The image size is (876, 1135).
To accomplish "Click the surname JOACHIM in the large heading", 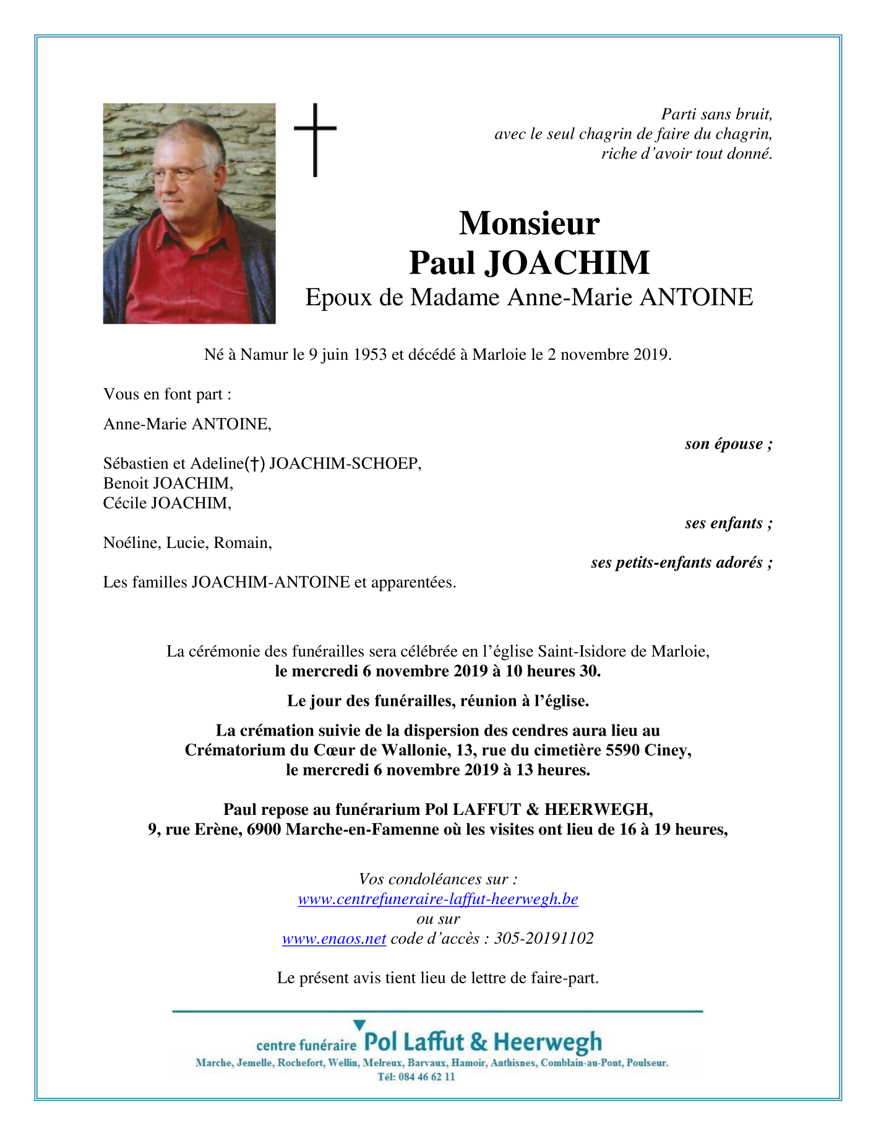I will (x=566, y=263).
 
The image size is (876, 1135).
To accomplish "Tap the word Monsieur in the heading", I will (x=529, y=223).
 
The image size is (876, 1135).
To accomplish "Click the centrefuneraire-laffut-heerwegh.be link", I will (x=438, y=899).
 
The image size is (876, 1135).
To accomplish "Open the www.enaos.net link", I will (x=334, y=939).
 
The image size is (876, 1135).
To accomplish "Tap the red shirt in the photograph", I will (x=186, y=272).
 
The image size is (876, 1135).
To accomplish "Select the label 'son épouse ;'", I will (x=729, y=444).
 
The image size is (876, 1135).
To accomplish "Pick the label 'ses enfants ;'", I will (x=729, y=523).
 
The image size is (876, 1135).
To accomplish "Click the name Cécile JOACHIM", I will (x=167, y=503).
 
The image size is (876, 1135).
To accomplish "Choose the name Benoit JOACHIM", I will (x=168, y=483).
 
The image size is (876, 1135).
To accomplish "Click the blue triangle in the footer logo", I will (x=359, y=1025).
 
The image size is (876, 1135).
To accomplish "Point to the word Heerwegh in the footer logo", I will (x=547, y=1042).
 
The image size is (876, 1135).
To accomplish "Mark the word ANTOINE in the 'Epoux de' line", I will (x=696, y=298).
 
